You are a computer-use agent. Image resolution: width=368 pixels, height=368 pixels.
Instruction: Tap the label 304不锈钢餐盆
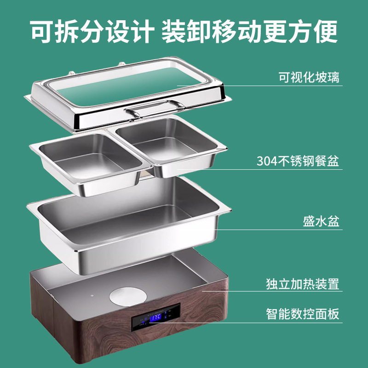(298, 161)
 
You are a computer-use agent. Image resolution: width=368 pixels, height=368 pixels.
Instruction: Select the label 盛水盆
(321, 222)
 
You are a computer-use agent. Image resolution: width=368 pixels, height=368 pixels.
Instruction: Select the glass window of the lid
(133, 87)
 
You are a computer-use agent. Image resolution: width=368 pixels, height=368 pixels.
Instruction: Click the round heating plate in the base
(127, 294)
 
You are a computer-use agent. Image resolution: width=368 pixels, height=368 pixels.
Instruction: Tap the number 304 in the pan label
(267, 162)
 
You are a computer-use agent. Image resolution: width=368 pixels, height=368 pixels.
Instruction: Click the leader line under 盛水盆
(276, 230)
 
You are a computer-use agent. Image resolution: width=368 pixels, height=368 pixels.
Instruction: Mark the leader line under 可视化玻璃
(258, 86)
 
